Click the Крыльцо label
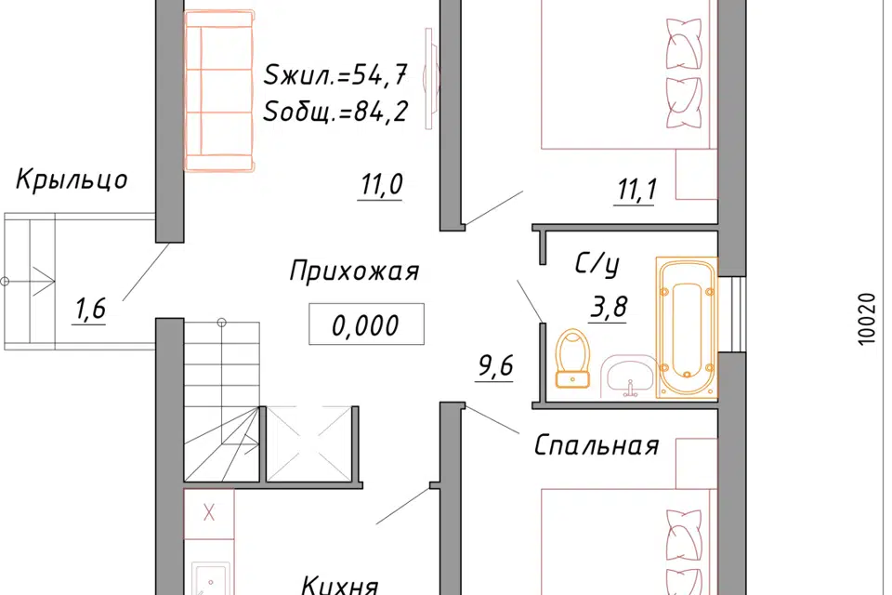71,180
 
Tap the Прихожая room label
354,271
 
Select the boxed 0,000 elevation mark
366,325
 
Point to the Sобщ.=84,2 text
335,113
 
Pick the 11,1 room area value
636,191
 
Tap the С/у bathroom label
597,266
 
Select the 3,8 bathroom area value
608,306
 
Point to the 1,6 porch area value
90,310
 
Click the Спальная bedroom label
597,446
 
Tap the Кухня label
340,585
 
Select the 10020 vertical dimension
867,321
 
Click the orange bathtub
687,327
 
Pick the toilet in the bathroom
572,359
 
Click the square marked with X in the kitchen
208,511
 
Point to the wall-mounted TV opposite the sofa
428,79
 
